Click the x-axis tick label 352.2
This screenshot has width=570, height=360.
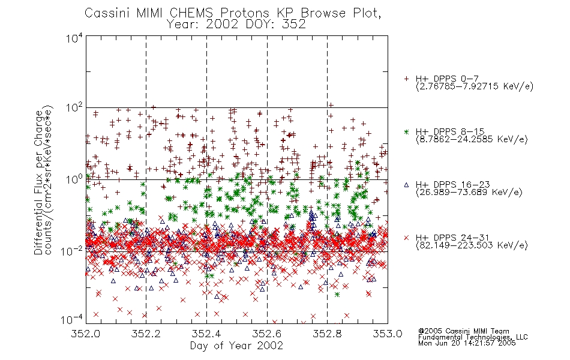[x=146, y=334]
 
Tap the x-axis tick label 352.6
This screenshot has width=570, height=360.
[x=267, y=334]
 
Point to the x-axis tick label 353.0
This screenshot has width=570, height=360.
[x=388, y=334]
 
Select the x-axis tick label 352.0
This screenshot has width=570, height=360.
[x=86, y=334]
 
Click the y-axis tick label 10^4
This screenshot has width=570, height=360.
[x=74, y=38]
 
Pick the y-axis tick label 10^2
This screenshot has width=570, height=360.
[x=74, y=108]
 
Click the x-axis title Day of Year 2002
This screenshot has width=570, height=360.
[x=236, y=346]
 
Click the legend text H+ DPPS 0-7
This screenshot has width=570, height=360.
[x=447, y=79]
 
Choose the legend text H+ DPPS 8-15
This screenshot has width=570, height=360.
[x=450, y=131]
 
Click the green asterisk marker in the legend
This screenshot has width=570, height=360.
[x=406, y=131]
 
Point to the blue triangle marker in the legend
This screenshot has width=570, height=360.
[x=406, y=185]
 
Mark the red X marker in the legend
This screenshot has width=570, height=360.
[x=406, y=238]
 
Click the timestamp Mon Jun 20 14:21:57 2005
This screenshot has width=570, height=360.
[x=467, y=343]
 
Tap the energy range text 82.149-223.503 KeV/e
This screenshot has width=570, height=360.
[x=472, y=245]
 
